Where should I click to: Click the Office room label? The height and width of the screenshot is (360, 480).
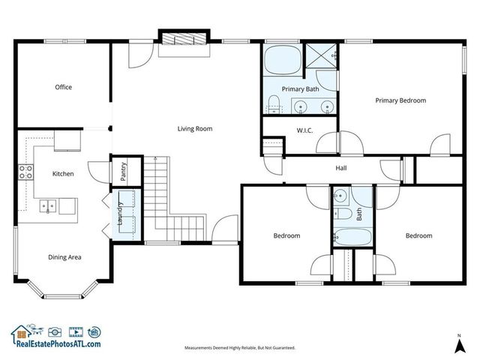(x=63, y=88)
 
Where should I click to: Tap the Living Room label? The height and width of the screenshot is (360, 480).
(x=194, y=129)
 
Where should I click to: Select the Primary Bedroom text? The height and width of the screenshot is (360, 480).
(x=400, y=100)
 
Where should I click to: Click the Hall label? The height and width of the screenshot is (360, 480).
(x=341, y=168)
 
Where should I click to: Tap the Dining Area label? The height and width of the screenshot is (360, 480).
(x=64, y=257)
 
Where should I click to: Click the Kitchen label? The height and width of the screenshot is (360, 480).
(x=62, y=174)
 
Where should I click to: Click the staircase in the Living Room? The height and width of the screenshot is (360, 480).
(x=163, y=196)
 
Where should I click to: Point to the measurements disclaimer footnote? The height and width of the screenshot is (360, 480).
(x=240, y=348)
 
